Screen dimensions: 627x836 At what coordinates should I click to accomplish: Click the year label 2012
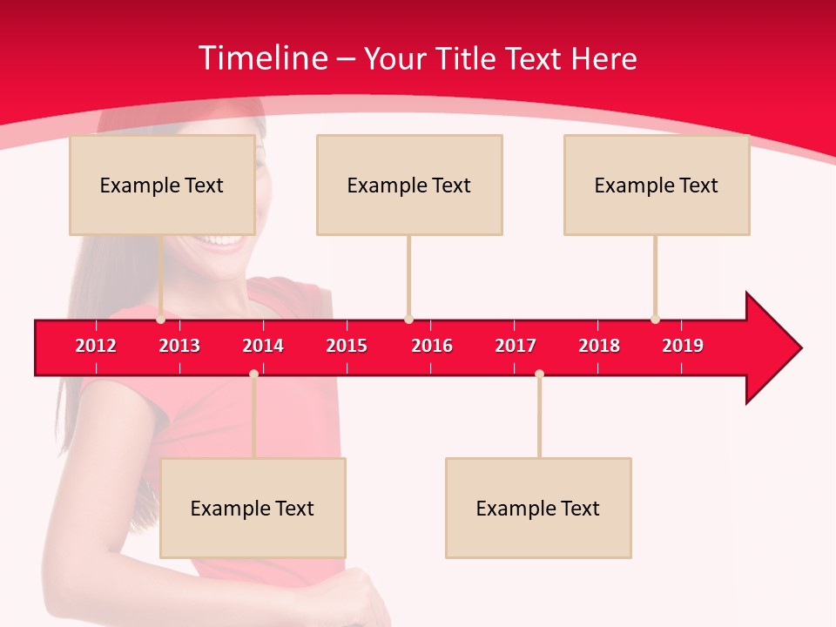pos(96,346)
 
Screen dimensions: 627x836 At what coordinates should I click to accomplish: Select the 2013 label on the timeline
pos(179,346)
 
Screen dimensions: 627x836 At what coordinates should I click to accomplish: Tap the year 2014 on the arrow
pos(263,346)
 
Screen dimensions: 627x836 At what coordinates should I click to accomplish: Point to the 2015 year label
pos(347,346)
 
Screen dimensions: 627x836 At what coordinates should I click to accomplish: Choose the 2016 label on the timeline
pos(432,346)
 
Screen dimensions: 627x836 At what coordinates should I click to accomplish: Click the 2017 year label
pos(516,346)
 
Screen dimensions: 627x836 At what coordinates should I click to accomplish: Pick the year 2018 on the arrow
pos(599,346)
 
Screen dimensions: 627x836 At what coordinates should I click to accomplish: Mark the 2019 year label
pos(683,346)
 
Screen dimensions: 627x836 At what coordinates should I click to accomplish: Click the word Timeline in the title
pos(261,58)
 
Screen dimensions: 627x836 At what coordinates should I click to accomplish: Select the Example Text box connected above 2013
pos(162,185)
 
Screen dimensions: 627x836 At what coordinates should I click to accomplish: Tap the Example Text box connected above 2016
pos(409,185)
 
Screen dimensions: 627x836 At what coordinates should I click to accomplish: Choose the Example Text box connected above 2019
pos(657,185)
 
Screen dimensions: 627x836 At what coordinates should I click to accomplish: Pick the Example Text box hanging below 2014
pos(253,508)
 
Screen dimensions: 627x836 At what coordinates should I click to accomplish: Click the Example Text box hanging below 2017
pos(538,508)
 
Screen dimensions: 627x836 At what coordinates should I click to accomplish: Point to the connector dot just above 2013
pos(161,320)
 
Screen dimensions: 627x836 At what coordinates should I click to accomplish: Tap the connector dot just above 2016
pos(408,320)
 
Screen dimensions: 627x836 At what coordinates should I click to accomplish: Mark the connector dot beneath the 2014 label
pos(253,374)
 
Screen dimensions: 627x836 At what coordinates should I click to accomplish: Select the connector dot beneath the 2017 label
pos(539,374)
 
